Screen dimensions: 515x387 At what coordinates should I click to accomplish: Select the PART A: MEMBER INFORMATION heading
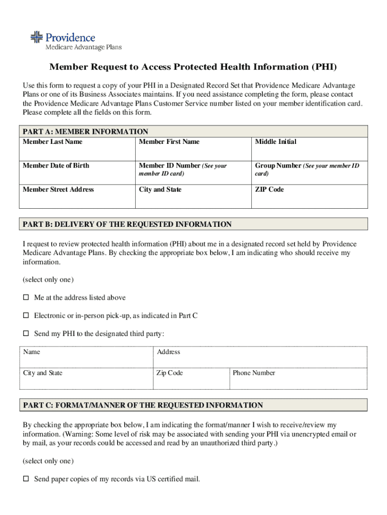tap(85, 131)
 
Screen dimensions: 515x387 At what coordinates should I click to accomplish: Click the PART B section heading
tap(127, 224)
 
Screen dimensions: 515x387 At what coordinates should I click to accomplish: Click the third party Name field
tap(86, 358)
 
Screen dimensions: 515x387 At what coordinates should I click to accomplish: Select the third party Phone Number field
tap(299, 379)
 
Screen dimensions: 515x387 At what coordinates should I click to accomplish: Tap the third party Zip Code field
tap(191, 379)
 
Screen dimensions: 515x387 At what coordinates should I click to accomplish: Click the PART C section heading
tap(143, 405)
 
